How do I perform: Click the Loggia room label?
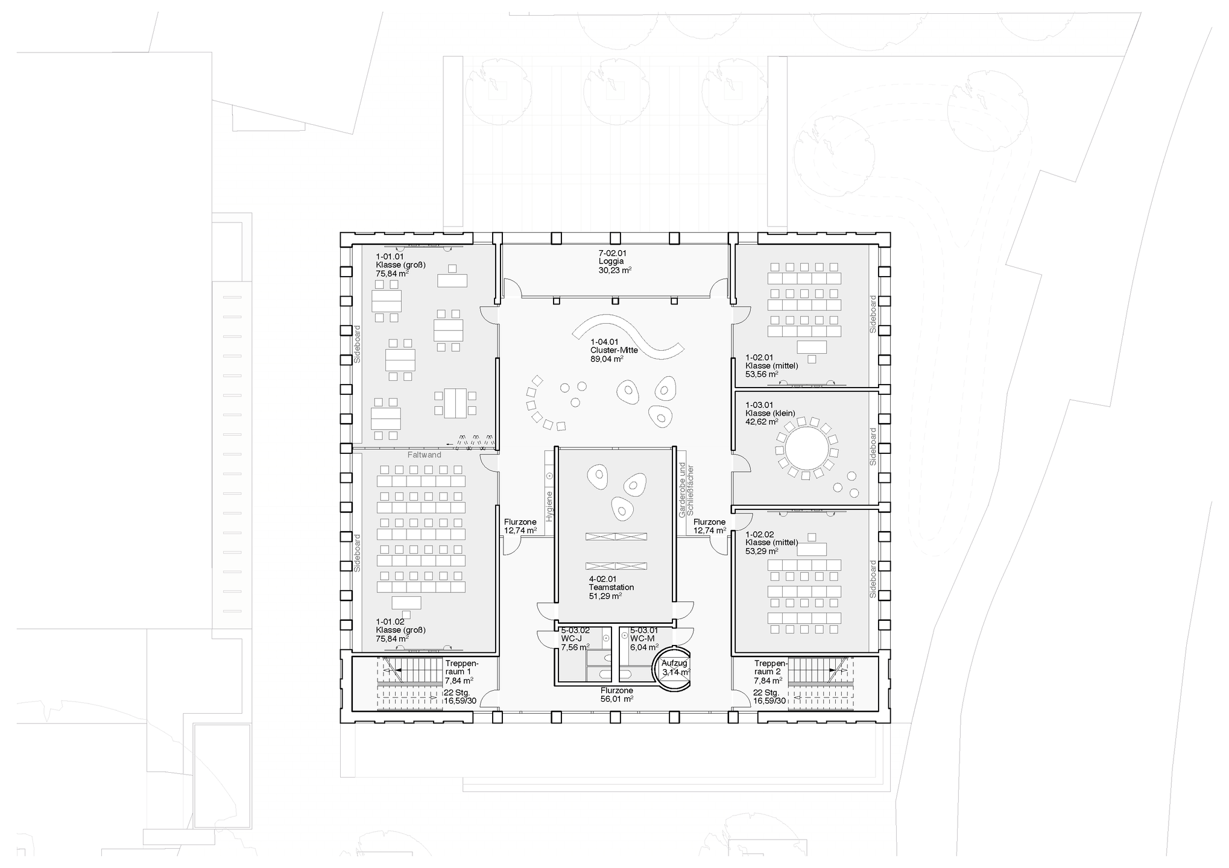pyautogui.click(x=612, y=262)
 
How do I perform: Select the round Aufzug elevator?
pyautogui.click(x=671, y=671)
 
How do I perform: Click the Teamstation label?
pyautogui.click(x=611, y=587)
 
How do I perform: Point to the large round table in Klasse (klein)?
pyautogui.click(x=806, y=450)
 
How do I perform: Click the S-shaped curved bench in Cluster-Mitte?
pyautogui.click(x=628, y=337)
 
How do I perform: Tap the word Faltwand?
pyautogui.click(x=424, y=455)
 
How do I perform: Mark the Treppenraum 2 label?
pyautogui.click(x=767, y=667)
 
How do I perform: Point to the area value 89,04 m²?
pyautogui.click(x=607, y=359)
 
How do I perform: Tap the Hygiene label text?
pyautogui.click(x=549, y=506)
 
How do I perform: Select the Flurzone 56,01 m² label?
pyautogui.click(x=616, y=694)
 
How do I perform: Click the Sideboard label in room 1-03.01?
pyautogui.click(x=873, y=446)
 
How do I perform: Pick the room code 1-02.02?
pyautogui.click(x=759, y=534)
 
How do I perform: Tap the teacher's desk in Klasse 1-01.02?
pyautogui.click(x=407, y=603)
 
